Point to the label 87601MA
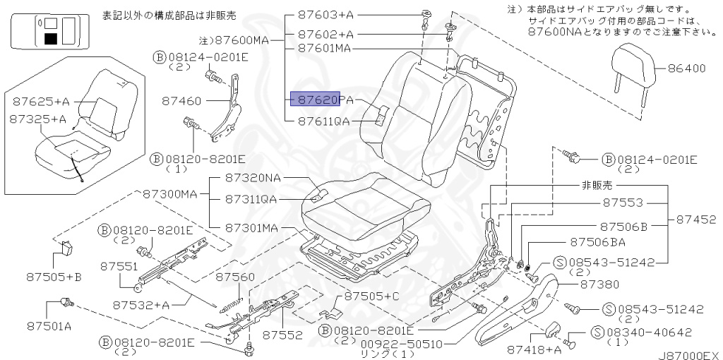coord(324,48)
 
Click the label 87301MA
coord(252,228)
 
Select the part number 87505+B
coord(54,277)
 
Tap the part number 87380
coord(599,284)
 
